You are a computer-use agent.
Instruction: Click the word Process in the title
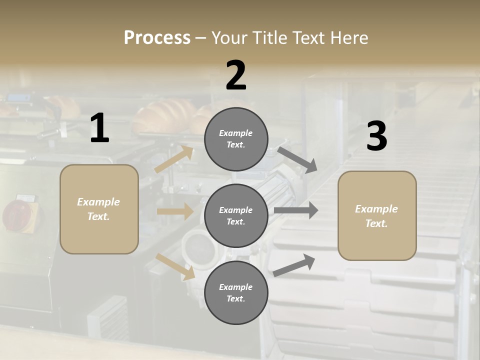[x=157, y=37]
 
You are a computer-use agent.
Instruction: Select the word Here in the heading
[x=348, y=37]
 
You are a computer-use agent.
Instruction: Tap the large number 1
[x=99, y=128]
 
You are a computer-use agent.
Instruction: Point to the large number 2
[x=236, y=75]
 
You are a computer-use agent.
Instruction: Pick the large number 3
[x=376, y=136]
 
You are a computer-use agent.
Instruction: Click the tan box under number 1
[x=99, y=209]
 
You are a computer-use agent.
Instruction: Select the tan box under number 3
[x=377, y=215]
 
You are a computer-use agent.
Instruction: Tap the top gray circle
[x=236, y=138]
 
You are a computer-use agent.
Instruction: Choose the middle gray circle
[x=236, y=215]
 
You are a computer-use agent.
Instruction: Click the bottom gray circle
[x=236, y=292]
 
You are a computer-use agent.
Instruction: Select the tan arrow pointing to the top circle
[x=173, y=159]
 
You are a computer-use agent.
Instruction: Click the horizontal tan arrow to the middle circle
[x=175, y=211]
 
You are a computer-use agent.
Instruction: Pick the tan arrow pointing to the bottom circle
[x=175, y=266]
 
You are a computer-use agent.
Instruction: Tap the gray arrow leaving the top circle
[x=297, y=159]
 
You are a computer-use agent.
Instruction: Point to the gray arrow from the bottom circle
[x=294, y=265]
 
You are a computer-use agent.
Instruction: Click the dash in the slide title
[x=201, y=38]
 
